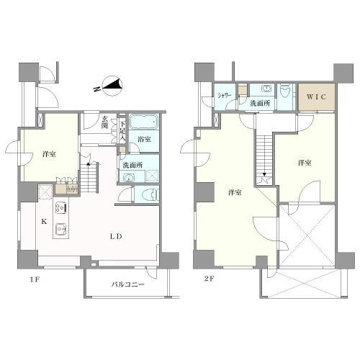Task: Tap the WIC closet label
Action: coord(316,96)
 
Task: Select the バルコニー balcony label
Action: coord(128,284)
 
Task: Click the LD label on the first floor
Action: coord(116,236)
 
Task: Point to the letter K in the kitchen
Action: coord(44,222)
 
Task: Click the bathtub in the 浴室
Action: coord(144,122)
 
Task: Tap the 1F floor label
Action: coord(35,279)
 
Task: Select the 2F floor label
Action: coord(209,279)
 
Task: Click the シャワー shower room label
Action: coord(225,96)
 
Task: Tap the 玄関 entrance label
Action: coord(104,122)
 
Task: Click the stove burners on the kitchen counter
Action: coord(60,207)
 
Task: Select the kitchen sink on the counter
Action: coord(60,229)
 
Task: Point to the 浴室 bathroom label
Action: coord(144,139)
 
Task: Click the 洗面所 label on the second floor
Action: coord(261,104)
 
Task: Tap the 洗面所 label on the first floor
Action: coord(132,165)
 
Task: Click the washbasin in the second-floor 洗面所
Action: coord(266,89)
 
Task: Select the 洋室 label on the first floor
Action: coord(49,154)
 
